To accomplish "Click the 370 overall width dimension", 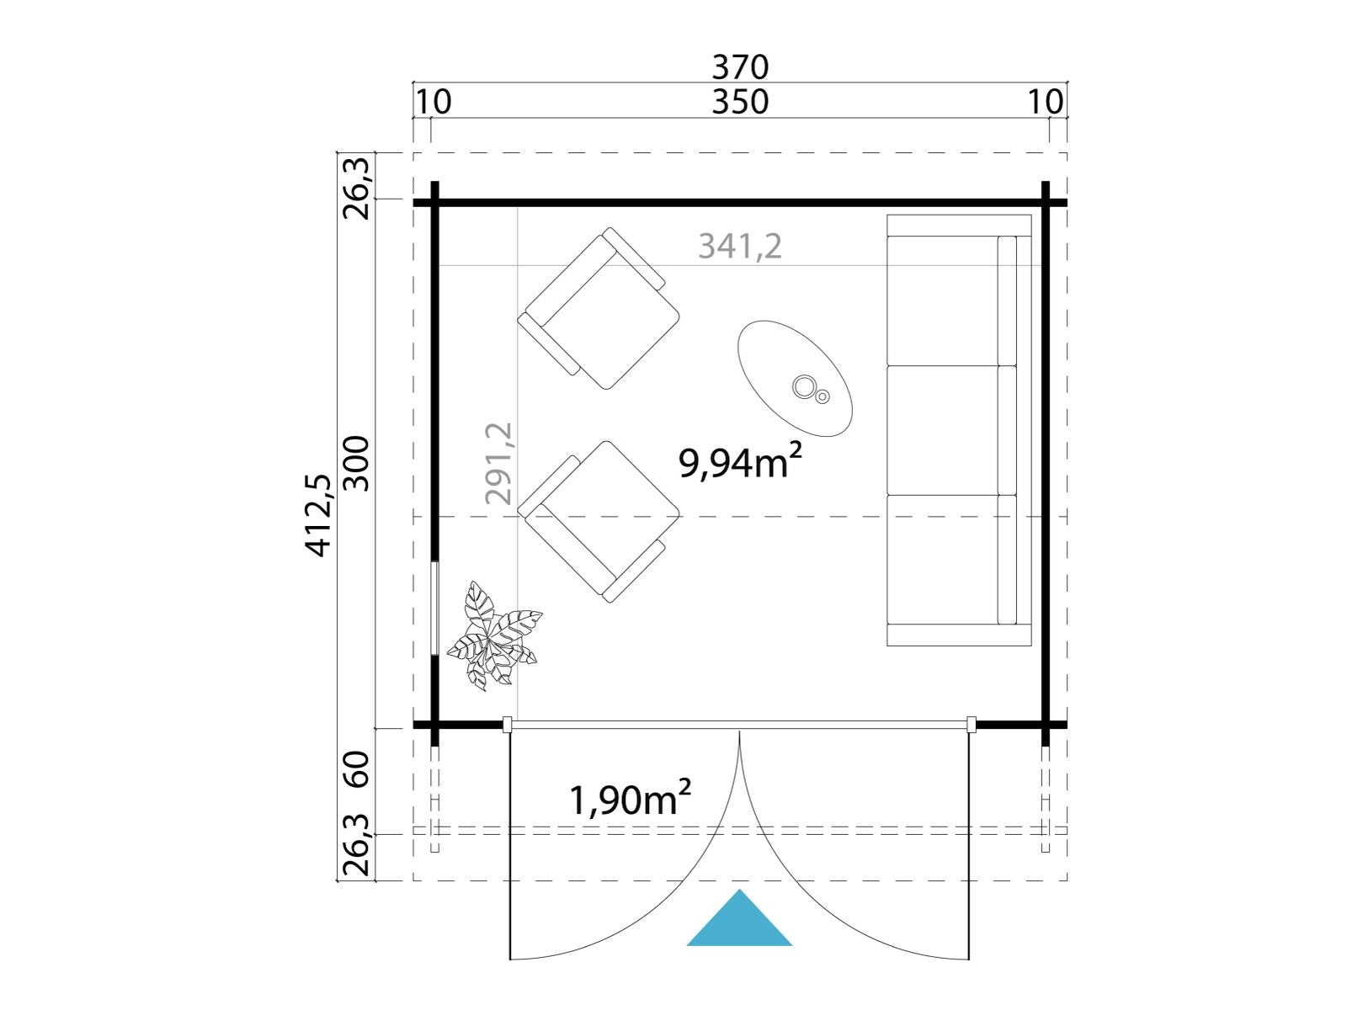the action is click(739, 66).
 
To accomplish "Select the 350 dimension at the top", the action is click(739, 102).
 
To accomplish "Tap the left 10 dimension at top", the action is click(434, 102).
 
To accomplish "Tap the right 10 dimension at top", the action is click(1045, 102).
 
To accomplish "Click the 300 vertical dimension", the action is click(357, 464).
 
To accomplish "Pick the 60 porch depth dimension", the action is click(357, 769).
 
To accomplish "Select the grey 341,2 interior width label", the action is click(740, 247).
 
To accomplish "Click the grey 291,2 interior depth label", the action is click(498, 464).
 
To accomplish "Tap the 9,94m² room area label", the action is click(740, 462).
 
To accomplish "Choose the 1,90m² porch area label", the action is click(631, 799).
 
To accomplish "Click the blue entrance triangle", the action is click(739, 917).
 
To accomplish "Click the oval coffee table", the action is click(795, 379).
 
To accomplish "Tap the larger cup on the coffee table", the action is click(803, 386).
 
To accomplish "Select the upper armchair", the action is click(599, 308).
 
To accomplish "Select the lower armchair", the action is click(599, 522).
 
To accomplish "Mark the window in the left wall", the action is click(435, 609).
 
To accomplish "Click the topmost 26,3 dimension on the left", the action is click(357, 189).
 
